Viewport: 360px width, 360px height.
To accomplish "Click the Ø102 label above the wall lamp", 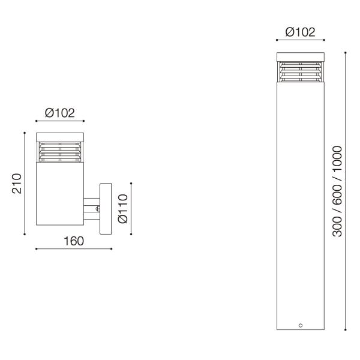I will pyautogui.click(x=60, y=112).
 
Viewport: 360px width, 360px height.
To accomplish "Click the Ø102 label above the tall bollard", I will pyautogui.click(x=300, y=32).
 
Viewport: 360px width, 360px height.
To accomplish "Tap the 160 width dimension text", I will pyautogui.click(x=73, y=241).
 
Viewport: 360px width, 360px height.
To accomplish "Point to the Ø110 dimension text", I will pyautogui.click(x=123, y=208).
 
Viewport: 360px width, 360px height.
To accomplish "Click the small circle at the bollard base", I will pyautogui.click(x=300, y=325).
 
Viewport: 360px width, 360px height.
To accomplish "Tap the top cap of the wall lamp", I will pyautogui.click(x=60, y=136).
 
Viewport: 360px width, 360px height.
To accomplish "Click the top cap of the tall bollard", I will pyautogui.click(x=300, y=57).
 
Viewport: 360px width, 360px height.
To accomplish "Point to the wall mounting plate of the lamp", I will pyautogui.click(x=106, y=209).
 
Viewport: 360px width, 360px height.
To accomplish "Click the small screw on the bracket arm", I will pyautogui.click(x=98, y=209).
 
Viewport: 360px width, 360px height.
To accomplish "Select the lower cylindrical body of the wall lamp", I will pyautogui.click(x=60, y=194).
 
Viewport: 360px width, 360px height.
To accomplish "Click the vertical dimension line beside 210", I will pyautogui.click(x=25, y=184).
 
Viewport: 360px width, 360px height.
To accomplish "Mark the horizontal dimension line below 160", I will pyautogui.click(x=73, y=249).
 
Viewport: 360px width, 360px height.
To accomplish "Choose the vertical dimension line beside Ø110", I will pyautogui.click(x=131, y=208).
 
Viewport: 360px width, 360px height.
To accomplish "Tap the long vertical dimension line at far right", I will pyautogui.click(x=346, y=191).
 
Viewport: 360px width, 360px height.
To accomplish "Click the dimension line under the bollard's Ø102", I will pyautogui.click(x=300, y=40).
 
